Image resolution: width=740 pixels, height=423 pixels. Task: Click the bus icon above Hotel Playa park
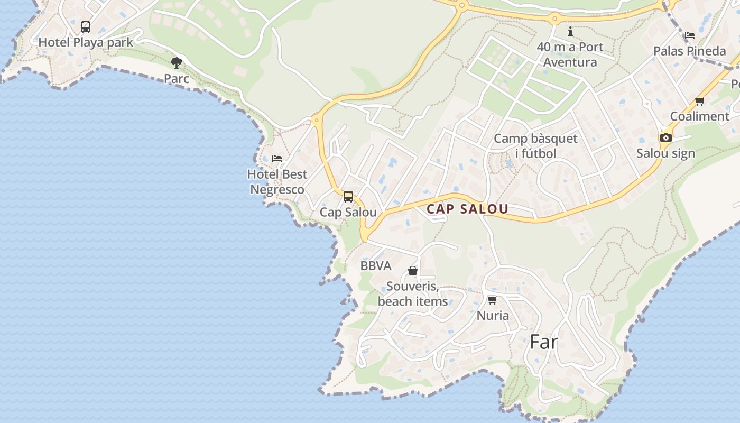(86, 26)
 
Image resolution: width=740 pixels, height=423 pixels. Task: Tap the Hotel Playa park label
(86, 42)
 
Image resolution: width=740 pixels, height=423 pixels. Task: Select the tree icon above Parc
(177, 63)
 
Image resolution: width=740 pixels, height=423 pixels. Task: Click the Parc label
(177, 79)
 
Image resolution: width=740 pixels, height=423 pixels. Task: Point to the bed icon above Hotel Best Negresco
(277, 158)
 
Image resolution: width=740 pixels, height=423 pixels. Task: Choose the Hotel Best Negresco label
(277, 182)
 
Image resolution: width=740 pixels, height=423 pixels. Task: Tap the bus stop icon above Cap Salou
(348, 197)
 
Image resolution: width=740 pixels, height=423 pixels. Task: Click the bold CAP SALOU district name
(467, 209)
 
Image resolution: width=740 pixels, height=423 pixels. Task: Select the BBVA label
(376, 266)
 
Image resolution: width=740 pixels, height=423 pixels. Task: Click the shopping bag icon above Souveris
(413, 271)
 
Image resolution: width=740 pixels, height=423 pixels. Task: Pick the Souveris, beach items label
(413, 294)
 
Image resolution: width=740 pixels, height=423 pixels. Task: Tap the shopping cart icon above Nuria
(493, 300)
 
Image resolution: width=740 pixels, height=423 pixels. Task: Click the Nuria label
(493, 316)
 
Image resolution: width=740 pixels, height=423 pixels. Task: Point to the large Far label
(543, 342)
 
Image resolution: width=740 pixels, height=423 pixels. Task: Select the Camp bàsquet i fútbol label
(535, 146)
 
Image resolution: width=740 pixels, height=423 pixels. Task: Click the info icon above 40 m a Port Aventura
(570, 32)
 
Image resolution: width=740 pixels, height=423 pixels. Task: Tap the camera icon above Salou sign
(665, 138)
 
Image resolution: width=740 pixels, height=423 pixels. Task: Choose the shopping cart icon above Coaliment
(700, 101)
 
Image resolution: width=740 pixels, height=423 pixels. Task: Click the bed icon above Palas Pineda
(690, 35)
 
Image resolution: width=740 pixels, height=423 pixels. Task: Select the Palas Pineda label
(690, 51)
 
